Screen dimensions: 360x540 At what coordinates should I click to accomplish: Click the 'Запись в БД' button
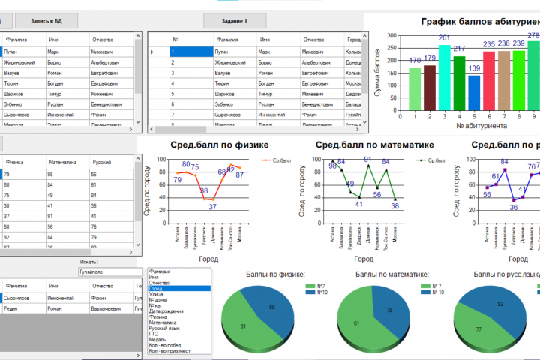tap(46, 21)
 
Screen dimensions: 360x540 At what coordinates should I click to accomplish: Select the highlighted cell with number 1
tap(190, 52)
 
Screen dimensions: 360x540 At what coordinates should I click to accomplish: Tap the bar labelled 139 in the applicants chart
tap(474, 91)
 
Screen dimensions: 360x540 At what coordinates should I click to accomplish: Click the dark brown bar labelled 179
tap(429, 86)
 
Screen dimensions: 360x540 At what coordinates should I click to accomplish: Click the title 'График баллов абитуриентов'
tap(480, 22)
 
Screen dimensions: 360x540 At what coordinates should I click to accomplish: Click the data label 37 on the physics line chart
tap(212, 206)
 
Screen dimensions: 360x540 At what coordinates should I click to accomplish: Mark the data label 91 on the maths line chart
tap(367, 159)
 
